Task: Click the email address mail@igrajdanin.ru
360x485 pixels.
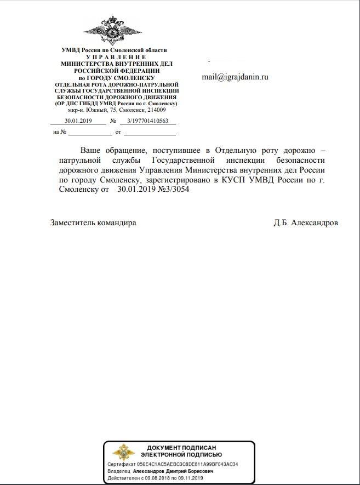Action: (235, 77)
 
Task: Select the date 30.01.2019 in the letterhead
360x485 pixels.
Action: (77, 121)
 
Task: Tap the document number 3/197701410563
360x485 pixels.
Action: (147, 121)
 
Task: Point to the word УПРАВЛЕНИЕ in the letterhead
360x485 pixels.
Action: (116, 57)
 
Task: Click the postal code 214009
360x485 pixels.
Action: (155, 110)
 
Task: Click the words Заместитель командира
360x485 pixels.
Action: (93, 223)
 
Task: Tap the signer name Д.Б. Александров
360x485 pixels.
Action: (306, 223)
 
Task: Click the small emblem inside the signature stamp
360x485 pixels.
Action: (121, 453)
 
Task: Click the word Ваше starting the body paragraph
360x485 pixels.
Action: (92, 150)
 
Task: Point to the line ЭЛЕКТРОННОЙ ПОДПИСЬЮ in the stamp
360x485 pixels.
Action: (181, 455)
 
